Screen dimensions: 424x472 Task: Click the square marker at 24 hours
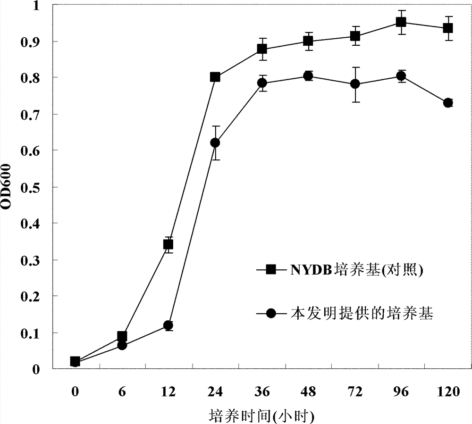pyautogui.click(x=215, y=77)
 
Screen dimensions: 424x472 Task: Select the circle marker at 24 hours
pyautogui.click(x=215, y=142)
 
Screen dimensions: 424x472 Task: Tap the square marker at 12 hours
pyautogui.click(x=168, y=244)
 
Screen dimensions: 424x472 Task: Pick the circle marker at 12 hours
pyautogui.click(x=168, y=325)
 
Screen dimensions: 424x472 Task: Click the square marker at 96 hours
pyautogui.click(x=401, y=22)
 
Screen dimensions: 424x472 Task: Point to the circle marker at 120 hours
pyautogui.click(x=448, y=103)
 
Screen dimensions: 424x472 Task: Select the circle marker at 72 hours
pyautogui.click(x=355, y=84)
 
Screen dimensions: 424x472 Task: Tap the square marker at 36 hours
pyautogui.click(x=261, y=49)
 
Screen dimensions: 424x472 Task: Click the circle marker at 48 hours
pyautogui.click(x=308, y=76)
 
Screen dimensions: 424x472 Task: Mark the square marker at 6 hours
pyautogui.click(x=122, y=336)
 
